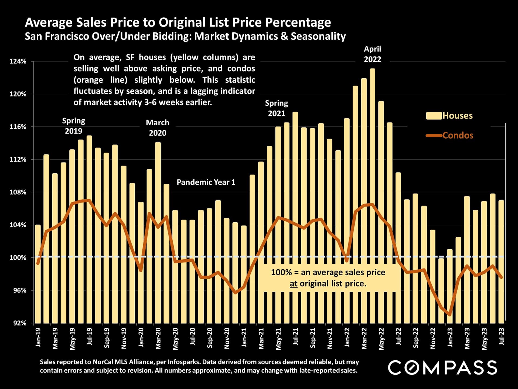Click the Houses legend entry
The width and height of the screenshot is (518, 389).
[x=449, y=116]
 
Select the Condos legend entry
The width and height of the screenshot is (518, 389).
[x=450, y=135]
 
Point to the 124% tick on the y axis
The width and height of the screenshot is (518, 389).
[x=18, y=62]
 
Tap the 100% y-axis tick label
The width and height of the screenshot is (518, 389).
[x=18, y=258]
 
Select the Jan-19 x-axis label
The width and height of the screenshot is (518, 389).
[x=38, y=337]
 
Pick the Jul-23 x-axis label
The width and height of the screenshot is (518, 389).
[x=502, y=336]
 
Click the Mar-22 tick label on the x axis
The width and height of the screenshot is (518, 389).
[x=364, y=338]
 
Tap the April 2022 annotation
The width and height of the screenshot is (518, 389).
[x=372, y=54]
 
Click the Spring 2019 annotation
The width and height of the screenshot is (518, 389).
[x=73, y=126]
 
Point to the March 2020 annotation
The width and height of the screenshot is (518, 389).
[x=158, y=128]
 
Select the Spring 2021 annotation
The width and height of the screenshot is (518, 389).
[x=276, y=108]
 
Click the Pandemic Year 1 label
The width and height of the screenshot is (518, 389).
[x=206, y=182]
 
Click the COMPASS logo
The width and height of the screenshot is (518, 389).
[x=442, y=368]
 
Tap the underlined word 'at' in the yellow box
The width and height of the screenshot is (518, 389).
[x=294, y=284]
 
